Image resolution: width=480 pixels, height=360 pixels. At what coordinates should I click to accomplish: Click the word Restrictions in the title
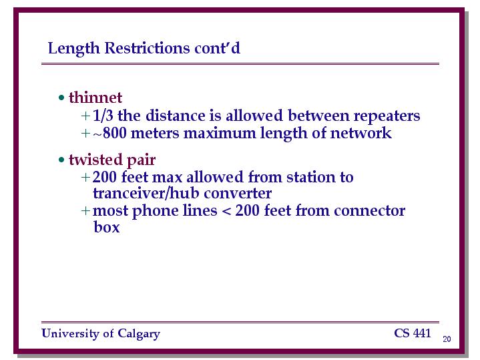click(147, 48)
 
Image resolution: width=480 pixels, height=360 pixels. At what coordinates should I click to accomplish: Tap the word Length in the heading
click(74, 48)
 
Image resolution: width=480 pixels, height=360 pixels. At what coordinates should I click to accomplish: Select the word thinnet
click(95, 98)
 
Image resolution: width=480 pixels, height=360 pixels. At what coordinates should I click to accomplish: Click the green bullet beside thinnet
click(61, 98)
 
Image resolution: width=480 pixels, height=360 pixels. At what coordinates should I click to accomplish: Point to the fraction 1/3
click(103, 116)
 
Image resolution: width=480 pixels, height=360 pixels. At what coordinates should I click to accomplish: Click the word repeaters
click(387, 116)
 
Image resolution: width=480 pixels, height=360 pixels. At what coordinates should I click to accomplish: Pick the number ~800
click(110, 134)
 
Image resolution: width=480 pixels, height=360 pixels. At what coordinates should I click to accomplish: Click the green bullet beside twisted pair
click(61, 160)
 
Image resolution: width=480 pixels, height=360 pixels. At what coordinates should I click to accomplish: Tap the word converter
click(238, 193)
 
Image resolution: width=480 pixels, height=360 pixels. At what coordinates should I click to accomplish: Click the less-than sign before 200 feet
click(226, 211)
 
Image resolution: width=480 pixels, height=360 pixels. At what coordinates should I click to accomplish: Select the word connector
click(369, 211)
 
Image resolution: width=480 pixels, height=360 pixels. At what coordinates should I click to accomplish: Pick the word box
click(107, 227)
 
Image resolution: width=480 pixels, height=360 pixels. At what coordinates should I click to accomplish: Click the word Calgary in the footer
click(139, 334)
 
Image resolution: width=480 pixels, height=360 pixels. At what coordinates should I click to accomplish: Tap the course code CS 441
click(413, 333)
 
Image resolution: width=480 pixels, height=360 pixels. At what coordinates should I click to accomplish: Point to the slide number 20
click(447, 339)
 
